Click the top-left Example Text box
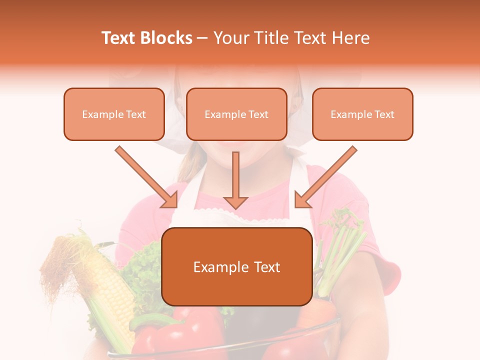[x=114, y=114]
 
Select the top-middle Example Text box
[x=236, y=114]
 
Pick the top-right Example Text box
[x=362, y=114]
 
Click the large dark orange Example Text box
[x=236, y=267]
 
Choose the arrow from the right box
[x=325, y=177]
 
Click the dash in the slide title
[x=202, y=38]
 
